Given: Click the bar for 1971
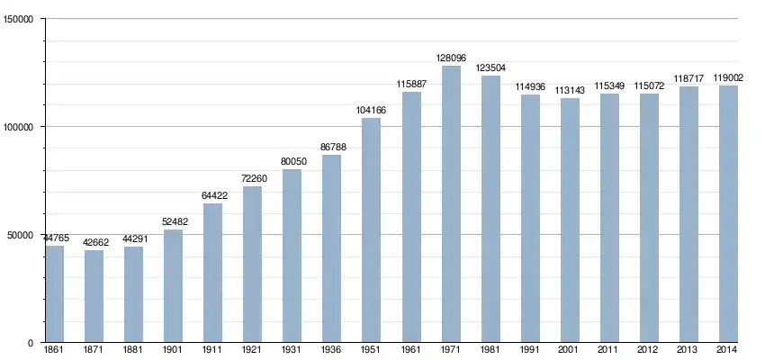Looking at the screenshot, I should tap(451, 204).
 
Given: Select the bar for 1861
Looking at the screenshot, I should tap(55, 294).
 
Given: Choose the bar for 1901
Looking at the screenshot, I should tap(173, 286).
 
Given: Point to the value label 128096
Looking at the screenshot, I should tap(451, 58).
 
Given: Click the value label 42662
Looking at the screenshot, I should tap(94, 242).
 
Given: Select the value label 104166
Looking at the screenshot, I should tap(372, 110).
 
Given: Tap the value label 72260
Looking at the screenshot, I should tap(252, 178).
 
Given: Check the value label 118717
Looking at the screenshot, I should tap(688, 78).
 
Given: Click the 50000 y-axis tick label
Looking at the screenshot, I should tap(21, 236).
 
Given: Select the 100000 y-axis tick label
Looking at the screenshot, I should tap(18, 128).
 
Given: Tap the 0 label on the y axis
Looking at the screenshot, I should tap(31, 344).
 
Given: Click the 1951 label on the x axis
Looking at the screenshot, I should tap(372, 349).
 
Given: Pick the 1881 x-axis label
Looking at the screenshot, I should tap(133, 349).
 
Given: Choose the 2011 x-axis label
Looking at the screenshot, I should tap(609, 349).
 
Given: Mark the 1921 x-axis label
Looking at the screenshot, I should tap(252, 349).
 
